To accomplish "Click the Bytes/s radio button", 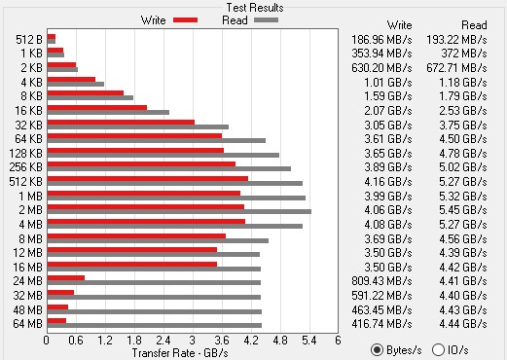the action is (377, 350).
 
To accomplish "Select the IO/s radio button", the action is (438, 350).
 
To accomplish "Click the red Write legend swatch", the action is (185, 20).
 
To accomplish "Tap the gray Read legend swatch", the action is (266, 20).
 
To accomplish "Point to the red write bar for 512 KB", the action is (148, 179).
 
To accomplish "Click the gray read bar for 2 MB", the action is (179, 212).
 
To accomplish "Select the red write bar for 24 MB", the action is (66, 278).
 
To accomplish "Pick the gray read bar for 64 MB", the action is (155, 325).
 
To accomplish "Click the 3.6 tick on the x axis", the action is (222, 341).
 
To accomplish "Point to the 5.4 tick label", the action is (309, 341).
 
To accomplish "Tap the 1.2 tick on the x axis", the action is (105, 341).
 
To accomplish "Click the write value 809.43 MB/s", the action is (381, 281).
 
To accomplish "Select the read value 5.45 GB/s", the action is (463, 210).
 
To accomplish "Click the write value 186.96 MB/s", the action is (381, 40).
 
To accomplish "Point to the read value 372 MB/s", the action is (464, 54).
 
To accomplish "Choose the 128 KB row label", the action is (25, 153).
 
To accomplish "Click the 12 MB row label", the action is (27, 253).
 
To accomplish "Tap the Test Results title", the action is (255, 8).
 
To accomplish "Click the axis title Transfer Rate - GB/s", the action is (180, 353).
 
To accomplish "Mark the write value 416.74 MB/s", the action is (381, 324).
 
